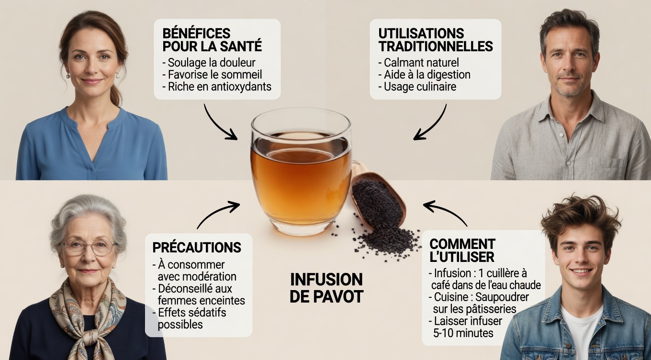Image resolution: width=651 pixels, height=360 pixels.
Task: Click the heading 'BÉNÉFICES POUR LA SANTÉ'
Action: pos(212,40)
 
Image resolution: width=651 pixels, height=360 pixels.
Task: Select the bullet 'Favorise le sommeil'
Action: pos(215,75)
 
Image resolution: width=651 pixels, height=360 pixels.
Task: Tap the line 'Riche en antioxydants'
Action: pos(220,87)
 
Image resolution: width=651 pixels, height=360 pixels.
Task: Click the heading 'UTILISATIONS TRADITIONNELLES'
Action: pos(435,40)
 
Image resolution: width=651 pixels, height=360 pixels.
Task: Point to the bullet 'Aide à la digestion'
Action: pos(427,75)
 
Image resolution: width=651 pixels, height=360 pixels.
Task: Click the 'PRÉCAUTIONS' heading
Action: pos(196,247)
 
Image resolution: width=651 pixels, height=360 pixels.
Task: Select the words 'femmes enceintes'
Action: pos(201,301)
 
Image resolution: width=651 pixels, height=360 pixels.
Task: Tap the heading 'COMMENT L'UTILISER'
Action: pos(462,250)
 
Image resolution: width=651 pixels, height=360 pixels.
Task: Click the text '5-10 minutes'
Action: pos(463,333)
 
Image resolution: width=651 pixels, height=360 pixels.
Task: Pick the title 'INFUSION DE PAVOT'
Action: pos(326,288)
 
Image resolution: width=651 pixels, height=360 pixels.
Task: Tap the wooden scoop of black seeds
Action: pos(378,196)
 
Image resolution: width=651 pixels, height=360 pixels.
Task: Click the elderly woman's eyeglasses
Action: pos(89,247)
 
